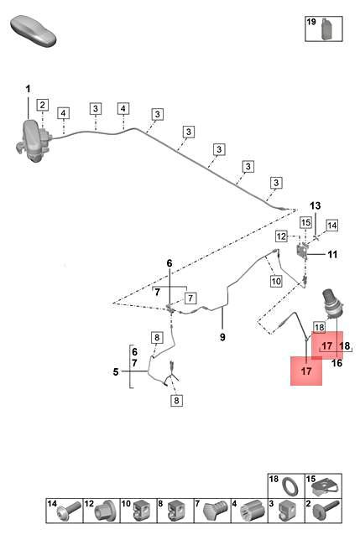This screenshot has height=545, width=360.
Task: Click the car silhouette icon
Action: (x=33, y=30)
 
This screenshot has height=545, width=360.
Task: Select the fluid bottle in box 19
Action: (x=326, y=29)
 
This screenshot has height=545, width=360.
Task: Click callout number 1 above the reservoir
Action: (x=28, y=90)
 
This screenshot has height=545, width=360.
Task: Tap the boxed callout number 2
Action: (x=43, y=105)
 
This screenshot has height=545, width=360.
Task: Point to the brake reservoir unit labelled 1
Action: (x=33, y=141)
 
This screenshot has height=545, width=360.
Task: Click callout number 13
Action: (x=316, y=205)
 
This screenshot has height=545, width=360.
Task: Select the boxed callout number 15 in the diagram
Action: (x=305, y=222)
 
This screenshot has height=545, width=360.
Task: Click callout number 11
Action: (x=332, y=254)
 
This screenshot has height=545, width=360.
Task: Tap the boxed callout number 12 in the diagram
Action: (x=281, y=236)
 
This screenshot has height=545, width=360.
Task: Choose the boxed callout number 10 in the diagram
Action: (x=276, y=281)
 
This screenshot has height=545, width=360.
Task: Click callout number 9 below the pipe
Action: (x=222, y=337)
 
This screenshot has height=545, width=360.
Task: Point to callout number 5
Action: (x=116, y=372)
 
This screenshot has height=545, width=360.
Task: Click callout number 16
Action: (x=337, y=363)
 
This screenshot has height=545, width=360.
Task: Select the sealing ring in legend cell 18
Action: (x=290, y=486)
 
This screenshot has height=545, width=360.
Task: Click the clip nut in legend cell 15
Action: (x=324, y=488)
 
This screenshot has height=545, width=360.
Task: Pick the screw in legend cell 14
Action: (x=70, y=511)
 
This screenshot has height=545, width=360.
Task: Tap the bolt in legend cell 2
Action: (x=326, y=511)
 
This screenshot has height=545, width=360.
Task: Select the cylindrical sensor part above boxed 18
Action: (x=333, y=304)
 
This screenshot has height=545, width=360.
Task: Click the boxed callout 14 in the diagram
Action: (x=331, y=226)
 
